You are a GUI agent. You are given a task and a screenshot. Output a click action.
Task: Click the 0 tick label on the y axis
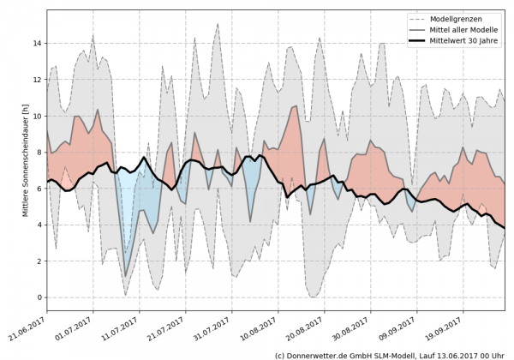pyautogui.click(x=39, y=297)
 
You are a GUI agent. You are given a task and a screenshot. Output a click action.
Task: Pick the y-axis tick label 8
pyautogui.click(x=39, y=152)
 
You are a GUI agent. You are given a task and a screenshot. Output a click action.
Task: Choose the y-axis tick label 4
pyautogui.click(x=39, y=225)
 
